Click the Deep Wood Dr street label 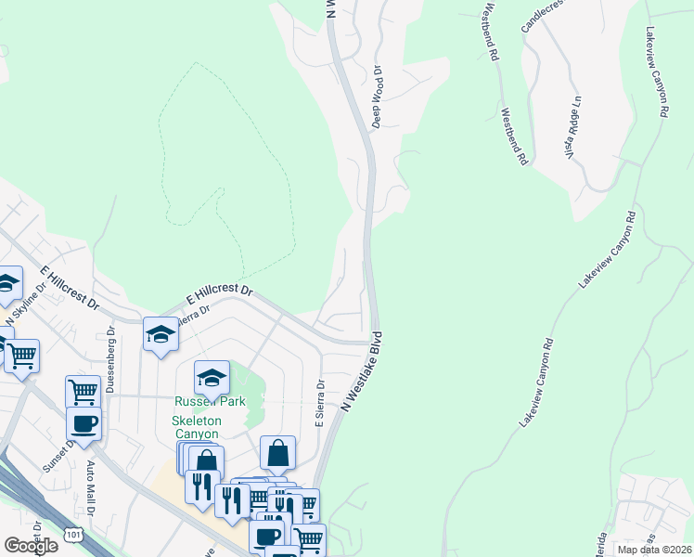click(x=378, y=97)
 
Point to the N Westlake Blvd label click(x=363, y=371)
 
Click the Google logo click(x=30, y=546)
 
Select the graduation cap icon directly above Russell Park click(x=212, y=377)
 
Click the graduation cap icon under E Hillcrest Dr click(x=161, y=333)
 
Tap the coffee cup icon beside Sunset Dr click(x=84, y=424)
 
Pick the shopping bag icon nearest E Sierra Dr click(x=277, y=453)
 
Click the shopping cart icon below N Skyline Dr click(x=21, y=354)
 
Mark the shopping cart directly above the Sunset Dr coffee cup click(x=83, y=391)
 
